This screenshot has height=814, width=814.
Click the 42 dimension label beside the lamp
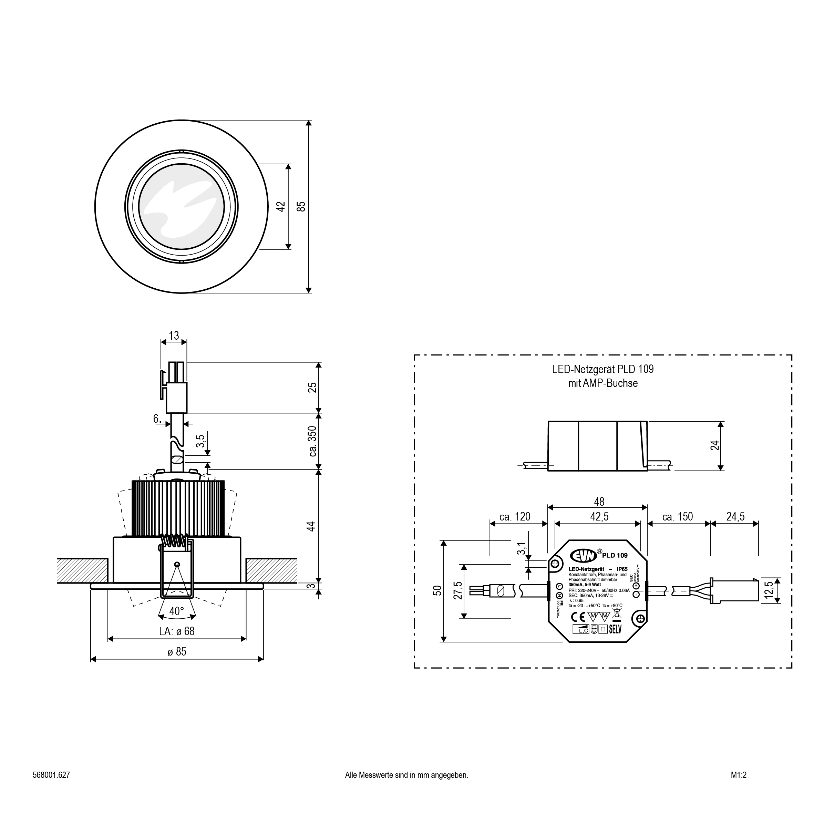click(281, 206)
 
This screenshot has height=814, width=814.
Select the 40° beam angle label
click(176, 611)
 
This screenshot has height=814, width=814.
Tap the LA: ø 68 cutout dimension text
click(177, 631)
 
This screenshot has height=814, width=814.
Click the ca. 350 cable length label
click(312, 441)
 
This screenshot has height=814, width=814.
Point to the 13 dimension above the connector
click(174, 336)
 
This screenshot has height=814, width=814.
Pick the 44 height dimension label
click(311, 526)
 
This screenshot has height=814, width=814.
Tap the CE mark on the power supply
click(578, 617)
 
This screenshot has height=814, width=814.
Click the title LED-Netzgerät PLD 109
click(603, 370)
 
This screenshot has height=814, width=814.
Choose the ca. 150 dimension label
click(678, 517)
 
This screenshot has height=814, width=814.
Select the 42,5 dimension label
click(599, 517)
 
